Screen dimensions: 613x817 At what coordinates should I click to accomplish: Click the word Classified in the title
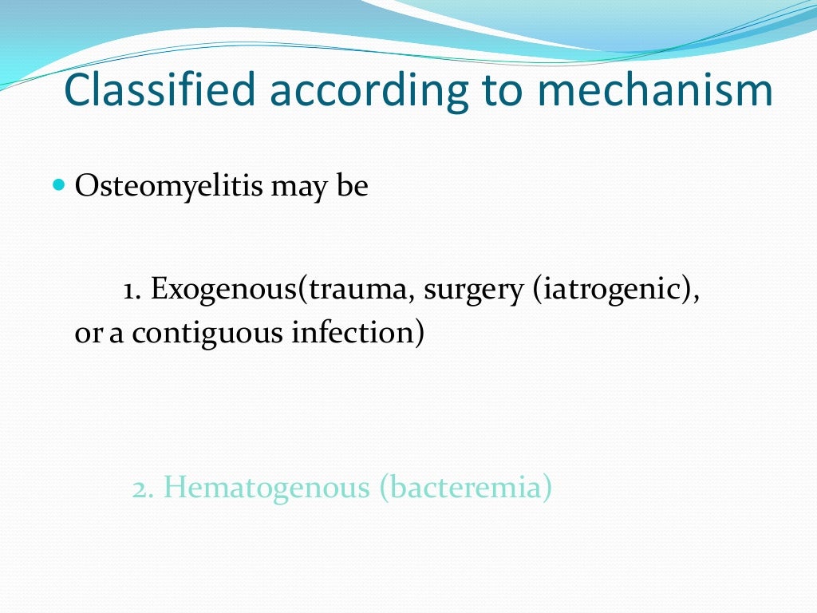(160, 90)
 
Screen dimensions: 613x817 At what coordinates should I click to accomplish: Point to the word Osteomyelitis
(167, 187)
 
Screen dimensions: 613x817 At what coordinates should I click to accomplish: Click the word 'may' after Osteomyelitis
(300, 188)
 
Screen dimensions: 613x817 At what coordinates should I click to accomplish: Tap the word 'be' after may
(353, 187)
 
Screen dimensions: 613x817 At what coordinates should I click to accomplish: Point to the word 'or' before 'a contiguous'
(88, 334)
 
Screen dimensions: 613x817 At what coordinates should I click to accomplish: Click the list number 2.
(143, 488)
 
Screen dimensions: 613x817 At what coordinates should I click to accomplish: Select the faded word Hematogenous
(266, 488)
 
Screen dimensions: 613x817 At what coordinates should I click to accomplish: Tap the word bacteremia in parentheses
(465, 488)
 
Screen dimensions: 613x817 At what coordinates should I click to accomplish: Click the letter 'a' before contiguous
(116, 334)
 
